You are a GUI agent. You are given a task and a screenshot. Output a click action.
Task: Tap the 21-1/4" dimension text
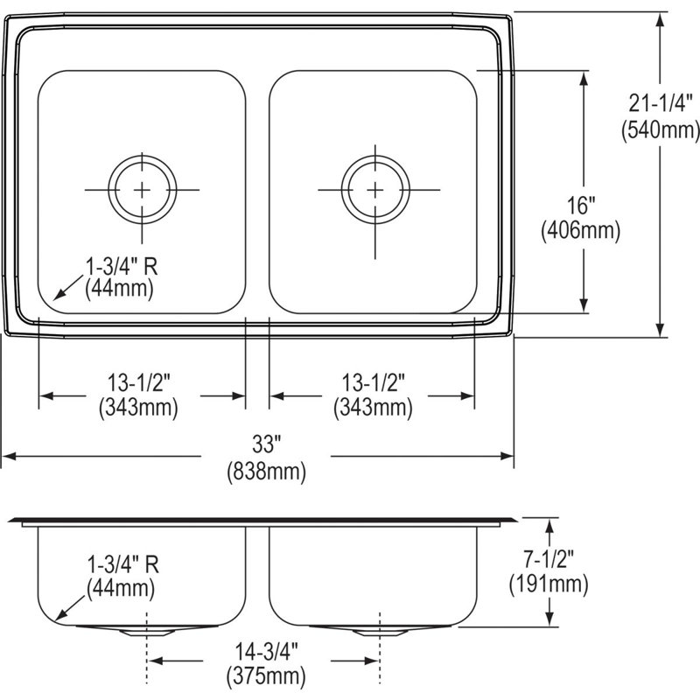(661, 103)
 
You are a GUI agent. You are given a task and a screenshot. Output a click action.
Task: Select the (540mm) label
(661, 129)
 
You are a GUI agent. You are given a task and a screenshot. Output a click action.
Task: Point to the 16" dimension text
(581, 206)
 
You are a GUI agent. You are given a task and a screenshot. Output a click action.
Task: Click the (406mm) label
(581, 231)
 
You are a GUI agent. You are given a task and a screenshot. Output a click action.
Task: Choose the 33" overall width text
(267, 444)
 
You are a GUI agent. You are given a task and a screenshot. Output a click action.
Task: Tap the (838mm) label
(267, 471)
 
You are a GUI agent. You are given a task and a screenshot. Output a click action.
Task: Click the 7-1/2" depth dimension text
(549, 558)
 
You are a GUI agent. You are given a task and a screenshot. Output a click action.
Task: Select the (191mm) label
(549, 584)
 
